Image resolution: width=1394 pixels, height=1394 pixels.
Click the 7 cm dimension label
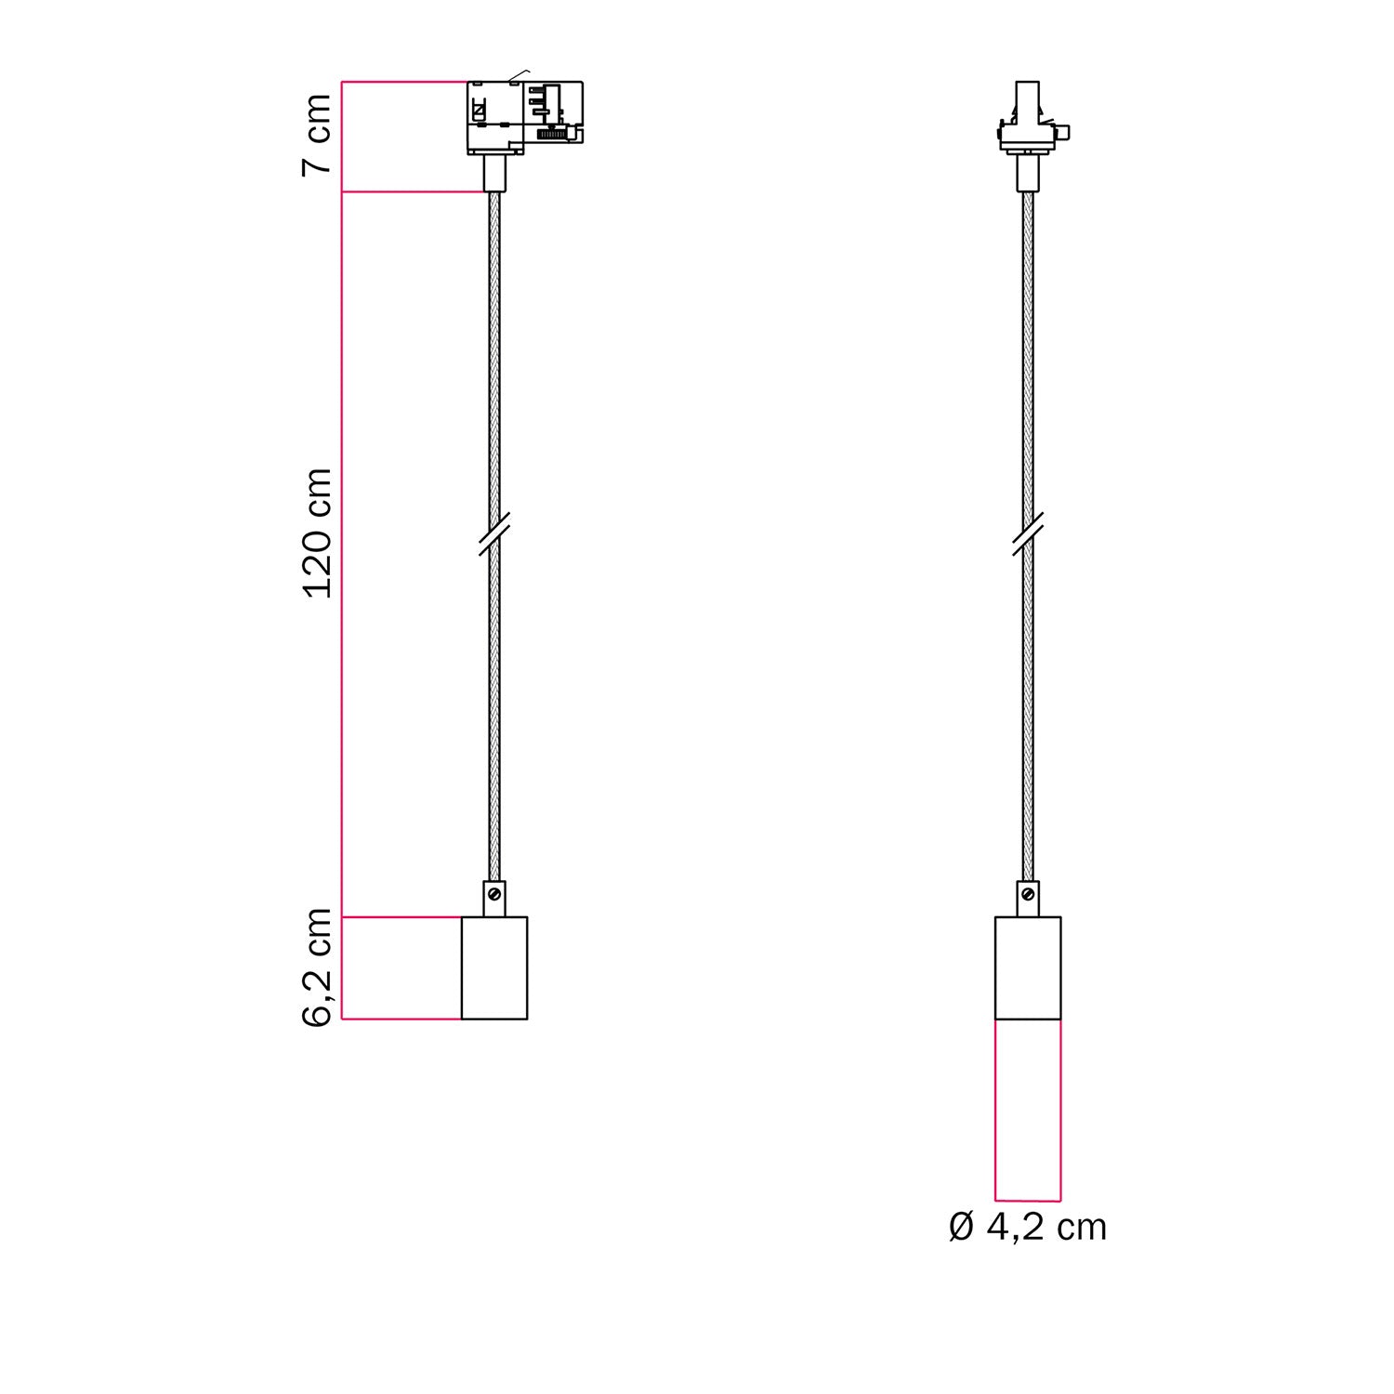click(x=317, y=134)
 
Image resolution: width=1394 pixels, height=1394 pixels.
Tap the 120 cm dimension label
click(x=317, y=533)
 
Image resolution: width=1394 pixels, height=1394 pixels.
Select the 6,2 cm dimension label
click(x=317, y=967)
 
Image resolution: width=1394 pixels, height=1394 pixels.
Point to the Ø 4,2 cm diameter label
click(x=1027, y=1228)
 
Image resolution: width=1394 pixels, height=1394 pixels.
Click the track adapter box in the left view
click(x=523, y=116)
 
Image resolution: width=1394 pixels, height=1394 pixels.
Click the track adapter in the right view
click(x=1028, y=121)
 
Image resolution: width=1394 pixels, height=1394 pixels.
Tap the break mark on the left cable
click(x=494, y=535)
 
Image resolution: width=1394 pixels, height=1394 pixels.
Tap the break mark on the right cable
click(x=1028, y=535)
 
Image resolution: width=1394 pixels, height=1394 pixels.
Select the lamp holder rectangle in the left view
click(x=494, y=967)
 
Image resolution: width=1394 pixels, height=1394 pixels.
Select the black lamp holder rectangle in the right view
click(x=1028, y=967)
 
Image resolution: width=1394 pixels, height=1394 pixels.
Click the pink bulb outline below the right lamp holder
click(x=1028, y=1110)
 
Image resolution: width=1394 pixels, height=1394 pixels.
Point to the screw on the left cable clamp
click(x=495, y=894)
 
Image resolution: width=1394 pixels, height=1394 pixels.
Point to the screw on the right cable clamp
click(x=1028, y=894)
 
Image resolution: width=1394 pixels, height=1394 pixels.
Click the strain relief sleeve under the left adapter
click(x=494, y=173)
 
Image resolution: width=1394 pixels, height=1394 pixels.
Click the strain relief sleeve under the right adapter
click(x=1028, y=173)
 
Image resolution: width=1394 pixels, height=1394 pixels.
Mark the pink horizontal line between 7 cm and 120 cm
click(x=414, y=192)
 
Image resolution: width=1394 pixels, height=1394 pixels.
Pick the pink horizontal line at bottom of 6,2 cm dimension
click(x=401, y=1019)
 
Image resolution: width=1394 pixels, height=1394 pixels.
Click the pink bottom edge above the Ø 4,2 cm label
click(x=1028, y=1200)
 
